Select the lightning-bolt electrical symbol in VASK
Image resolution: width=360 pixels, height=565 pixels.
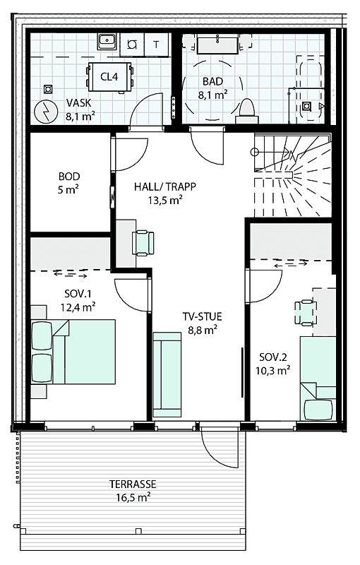[44, 112]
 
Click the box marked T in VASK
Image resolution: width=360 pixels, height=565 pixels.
[156, 44]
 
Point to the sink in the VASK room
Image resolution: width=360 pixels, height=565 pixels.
[107, 42]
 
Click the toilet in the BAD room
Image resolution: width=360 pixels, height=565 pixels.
[247, 108]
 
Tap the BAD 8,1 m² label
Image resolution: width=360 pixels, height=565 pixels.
[212, 86]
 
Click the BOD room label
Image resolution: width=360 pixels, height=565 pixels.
[69, 183]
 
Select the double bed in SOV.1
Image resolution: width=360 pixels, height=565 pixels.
[72, 351]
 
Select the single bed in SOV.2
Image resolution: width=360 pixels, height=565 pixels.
[318, 378]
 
